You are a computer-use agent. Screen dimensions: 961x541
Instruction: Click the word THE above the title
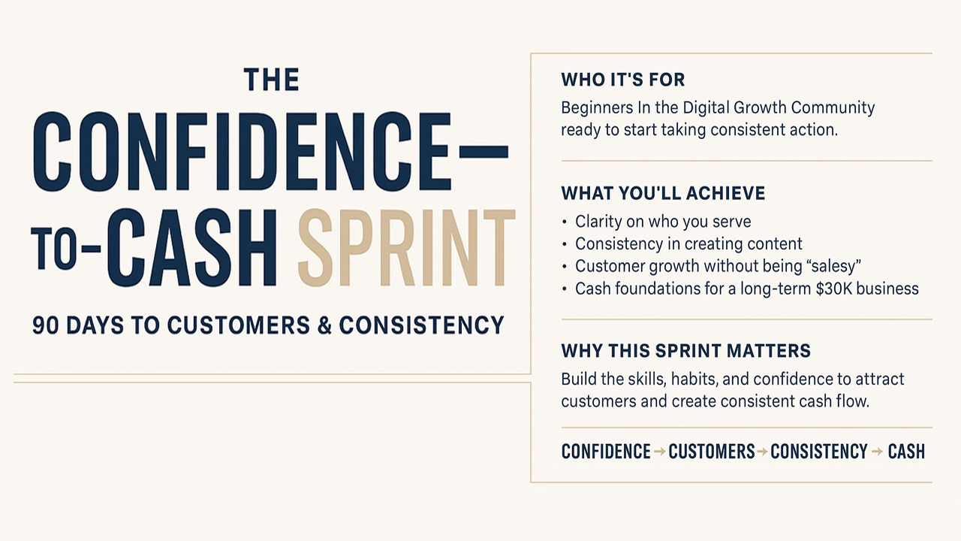pyautogui.click(x=272, y=80)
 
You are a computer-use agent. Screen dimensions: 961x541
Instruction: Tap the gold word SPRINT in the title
pyautogui.click(x=406, y=248)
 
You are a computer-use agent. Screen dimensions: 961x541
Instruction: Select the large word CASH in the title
pyautogui.click(x=191, y=248)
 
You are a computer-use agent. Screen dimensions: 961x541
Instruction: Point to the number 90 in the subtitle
pyautogui.click(x=46, y=325)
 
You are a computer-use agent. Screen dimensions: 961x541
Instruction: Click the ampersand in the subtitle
pyautogui.click(x=325, y=325)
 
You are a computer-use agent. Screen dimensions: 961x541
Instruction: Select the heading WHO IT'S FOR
pyautogui.click(x=623, y=80)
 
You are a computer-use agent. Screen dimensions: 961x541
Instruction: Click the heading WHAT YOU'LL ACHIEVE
pyautogui.click(x=663, y=193)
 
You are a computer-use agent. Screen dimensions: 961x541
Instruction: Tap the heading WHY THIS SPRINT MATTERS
pyautogui.click(x=686, y=351)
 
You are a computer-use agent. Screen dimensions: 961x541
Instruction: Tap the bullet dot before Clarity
pyautogui.click(x=564, y=222)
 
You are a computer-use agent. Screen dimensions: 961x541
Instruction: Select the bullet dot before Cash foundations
pyautogui.click(x=564, y=289)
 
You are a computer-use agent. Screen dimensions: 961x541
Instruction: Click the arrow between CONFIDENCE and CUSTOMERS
pyautogui.click(x=659, y=452)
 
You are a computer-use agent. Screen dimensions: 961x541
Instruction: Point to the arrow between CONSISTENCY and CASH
pyautogui.click(x=878, y=452)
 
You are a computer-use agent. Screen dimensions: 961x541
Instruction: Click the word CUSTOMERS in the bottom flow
pyautogui.click(x=711, y=452)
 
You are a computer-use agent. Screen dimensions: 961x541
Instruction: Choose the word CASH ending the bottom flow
pyautogui.click(x=906, y=452)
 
